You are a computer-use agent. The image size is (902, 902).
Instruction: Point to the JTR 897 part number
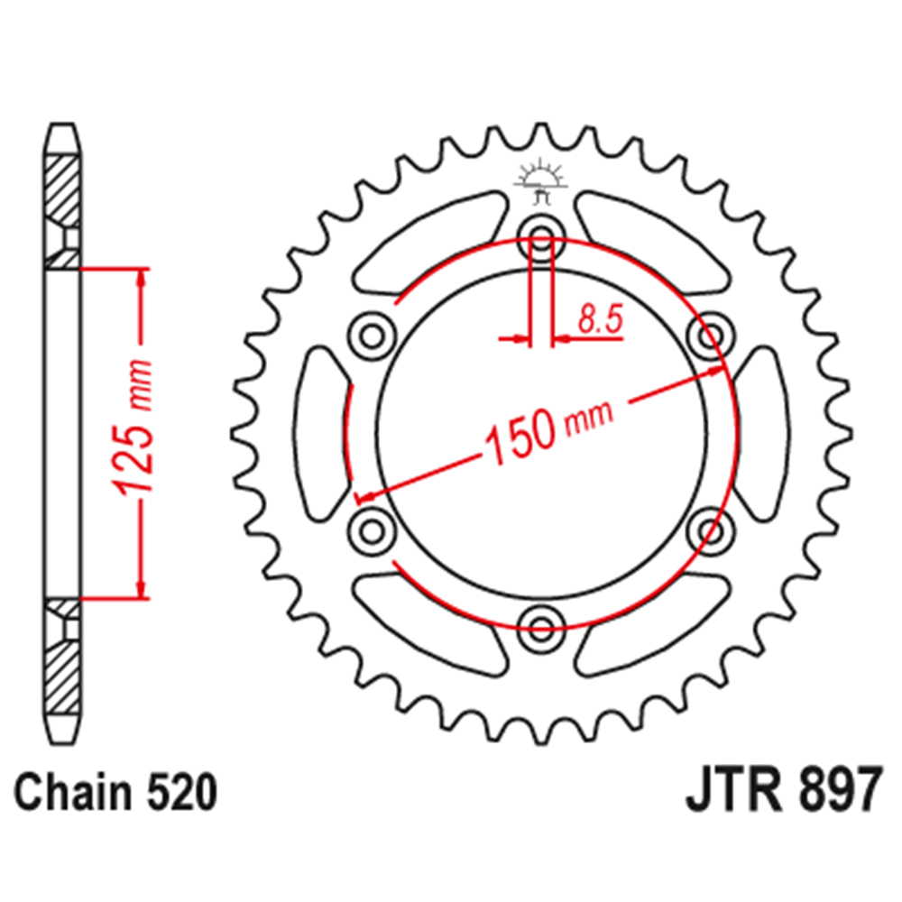click(781, 794)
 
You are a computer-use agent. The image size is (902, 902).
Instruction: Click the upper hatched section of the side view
click(62, 198)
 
